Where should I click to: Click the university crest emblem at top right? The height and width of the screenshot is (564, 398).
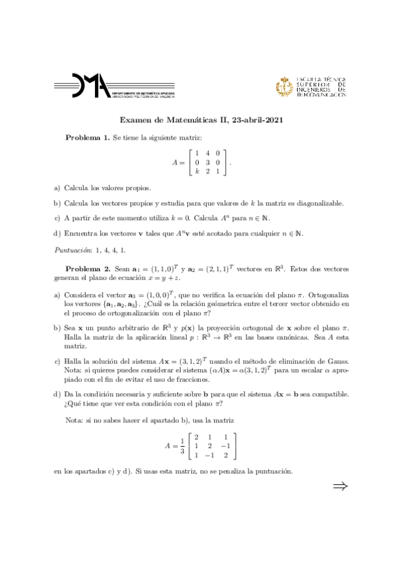(284, 86)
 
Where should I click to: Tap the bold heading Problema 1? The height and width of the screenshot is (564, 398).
(87, 136)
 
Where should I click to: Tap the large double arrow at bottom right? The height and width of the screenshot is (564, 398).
(340, 488)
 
